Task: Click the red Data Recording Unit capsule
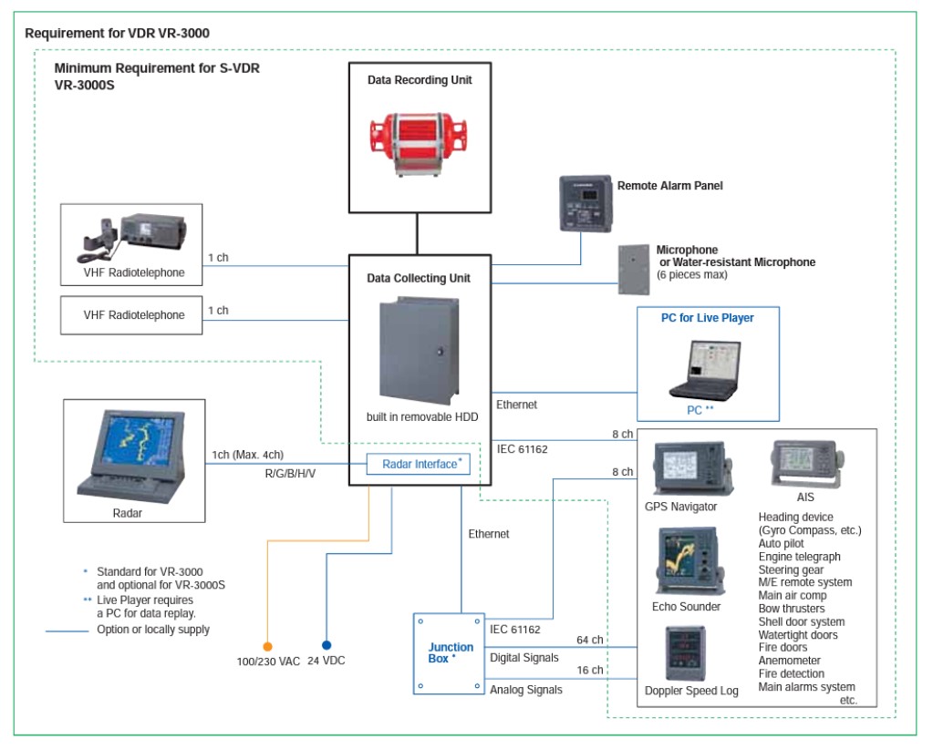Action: [419, 142]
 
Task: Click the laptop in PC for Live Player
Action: [707, 369]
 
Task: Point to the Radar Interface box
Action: [419, 465]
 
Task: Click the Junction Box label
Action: [451, 652]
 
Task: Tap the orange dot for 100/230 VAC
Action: [267, 645]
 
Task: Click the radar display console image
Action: [136, 452]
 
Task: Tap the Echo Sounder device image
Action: [690, 560]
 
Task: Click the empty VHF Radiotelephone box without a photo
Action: [134, 315]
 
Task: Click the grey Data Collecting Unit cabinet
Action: [419, 351]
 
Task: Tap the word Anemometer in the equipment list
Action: [790, 661]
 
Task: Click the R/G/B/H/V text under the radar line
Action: [290, 474]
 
